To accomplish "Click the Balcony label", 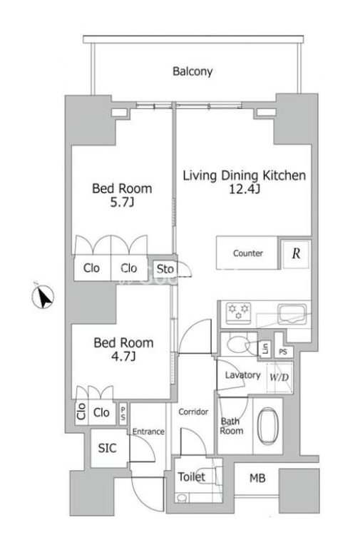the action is coord(192,71).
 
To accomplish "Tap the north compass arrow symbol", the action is coord(43,296).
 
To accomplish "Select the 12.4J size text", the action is coord(245,190).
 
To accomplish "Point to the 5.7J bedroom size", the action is coord(122,203).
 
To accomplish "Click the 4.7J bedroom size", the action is coord(123,357).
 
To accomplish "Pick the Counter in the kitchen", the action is coord(247,253).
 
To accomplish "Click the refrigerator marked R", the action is coord(296,253).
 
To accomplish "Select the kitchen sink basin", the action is coord(292,313).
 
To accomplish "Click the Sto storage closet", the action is coord(165,269).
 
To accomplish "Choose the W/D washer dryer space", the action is coord(279,377).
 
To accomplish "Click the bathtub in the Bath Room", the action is coord(268,425).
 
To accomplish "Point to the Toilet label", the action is coord(191,477).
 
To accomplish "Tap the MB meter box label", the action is coord(257,478).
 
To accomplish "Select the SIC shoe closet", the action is coord(107,448).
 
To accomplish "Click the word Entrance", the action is coord(148,432).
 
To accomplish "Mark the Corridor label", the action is coord(193,412).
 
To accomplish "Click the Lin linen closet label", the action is coord(265,349).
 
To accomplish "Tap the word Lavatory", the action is coord(242,375).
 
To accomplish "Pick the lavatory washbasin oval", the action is coord(237,344).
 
